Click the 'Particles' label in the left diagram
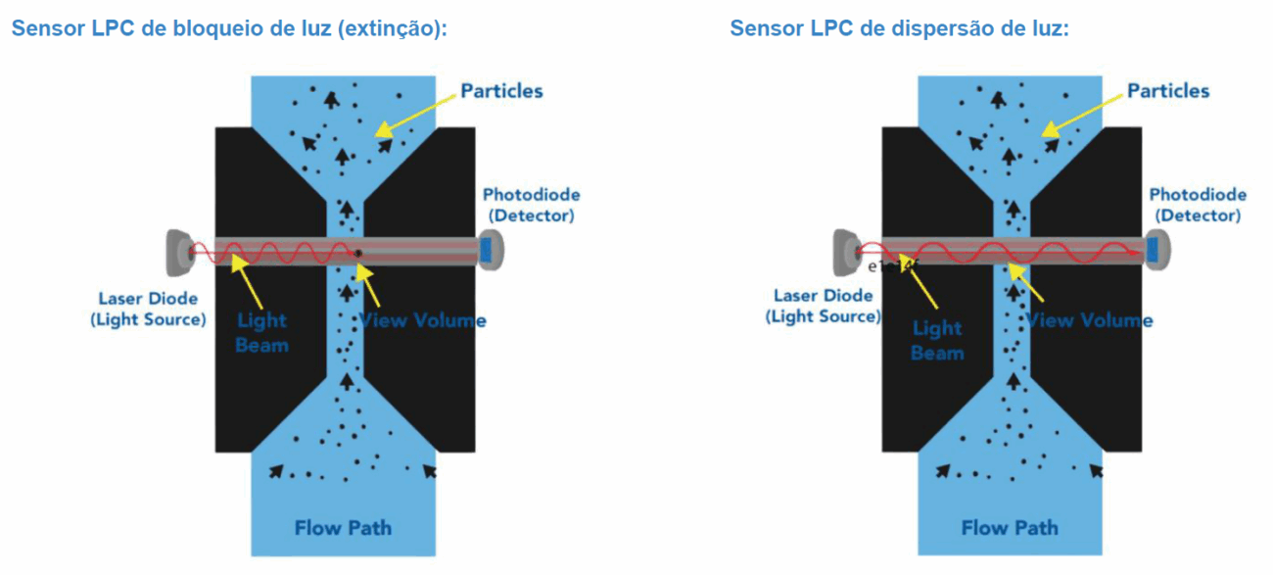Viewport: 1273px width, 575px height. coord(501,91)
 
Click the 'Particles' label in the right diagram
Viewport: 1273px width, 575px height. coord(1168,91)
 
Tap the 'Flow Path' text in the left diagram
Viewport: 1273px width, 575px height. coord(343,529)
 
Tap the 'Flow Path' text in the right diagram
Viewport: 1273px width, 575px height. coord(1010,529)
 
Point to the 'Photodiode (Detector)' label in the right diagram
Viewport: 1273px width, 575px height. coord(1198,205)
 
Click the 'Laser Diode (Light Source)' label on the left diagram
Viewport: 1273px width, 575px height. coord(148,309)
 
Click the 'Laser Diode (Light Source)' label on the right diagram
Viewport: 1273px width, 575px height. coord(823,305)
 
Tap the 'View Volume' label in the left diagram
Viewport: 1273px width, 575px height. coord(422,320)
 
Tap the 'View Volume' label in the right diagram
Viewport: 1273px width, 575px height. coord(1089,320)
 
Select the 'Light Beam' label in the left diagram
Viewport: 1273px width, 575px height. coord(261,332)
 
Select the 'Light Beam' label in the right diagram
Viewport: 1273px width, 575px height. coord(937,340)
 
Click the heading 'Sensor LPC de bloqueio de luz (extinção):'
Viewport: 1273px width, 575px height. coord(229,28)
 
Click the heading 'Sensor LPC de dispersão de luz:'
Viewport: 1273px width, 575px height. coord(899,28)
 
